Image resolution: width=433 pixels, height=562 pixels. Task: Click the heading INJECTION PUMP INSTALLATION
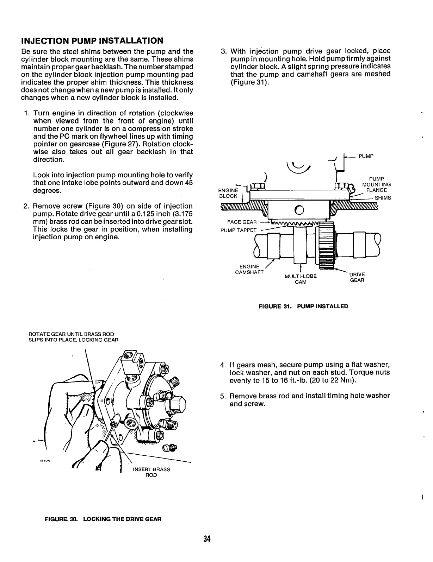[92, 40]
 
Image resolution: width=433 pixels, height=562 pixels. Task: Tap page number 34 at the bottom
[206, 539]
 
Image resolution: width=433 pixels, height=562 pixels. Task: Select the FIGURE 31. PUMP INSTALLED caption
[303, 306]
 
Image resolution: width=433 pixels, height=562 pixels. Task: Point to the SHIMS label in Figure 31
[383, 198]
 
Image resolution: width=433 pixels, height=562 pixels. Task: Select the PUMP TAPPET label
[238, 230]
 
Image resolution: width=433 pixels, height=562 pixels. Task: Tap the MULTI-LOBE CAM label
[301, 279]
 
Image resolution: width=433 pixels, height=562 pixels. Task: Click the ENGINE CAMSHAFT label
[249, 269]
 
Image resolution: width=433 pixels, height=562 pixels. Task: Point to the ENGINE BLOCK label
[228, 193]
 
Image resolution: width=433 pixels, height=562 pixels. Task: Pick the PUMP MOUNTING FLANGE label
[376, 184]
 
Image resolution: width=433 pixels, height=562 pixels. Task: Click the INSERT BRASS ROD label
[151, 472]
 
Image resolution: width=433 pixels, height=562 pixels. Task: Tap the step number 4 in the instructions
[222, 365]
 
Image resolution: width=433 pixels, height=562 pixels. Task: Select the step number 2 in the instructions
[26, 206]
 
